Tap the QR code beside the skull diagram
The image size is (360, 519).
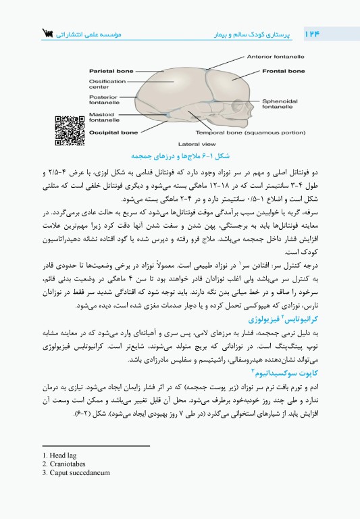(69, 130)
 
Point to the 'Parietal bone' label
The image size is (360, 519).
(111, 70)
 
